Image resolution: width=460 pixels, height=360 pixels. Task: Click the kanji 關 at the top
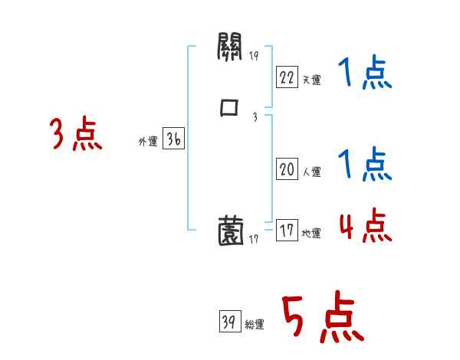pos(229,51)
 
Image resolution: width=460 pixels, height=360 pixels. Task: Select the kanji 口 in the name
pos(229,108)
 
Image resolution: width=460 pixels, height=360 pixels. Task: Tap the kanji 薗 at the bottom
pos(230,230)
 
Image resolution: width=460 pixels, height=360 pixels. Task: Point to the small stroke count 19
pos(255,56)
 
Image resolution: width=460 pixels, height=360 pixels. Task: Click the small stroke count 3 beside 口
pos(254,116)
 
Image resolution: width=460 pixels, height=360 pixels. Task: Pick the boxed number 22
pos(287,77)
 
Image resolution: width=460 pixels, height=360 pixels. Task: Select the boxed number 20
pos(287,169)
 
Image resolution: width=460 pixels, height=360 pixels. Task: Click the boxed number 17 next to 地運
pos(287,231)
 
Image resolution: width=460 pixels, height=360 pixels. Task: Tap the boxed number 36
pos(173,139)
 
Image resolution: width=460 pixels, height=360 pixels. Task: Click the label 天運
pos(310,80)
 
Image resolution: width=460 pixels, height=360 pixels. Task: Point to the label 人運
pos(310,172)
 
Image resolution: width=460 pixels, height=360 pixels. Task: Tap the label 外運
pos(148,142)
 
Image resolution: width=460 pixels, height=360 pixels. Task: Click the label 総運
pos(254,326)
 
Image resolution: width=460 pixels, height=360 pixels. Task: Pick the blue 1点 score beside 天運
pos(364,74)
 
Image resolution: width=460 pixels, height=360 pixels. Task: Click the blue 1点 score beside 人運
pos(364,165)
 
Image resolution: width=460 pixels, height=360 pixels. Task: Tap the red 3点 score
pos(77,135)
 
